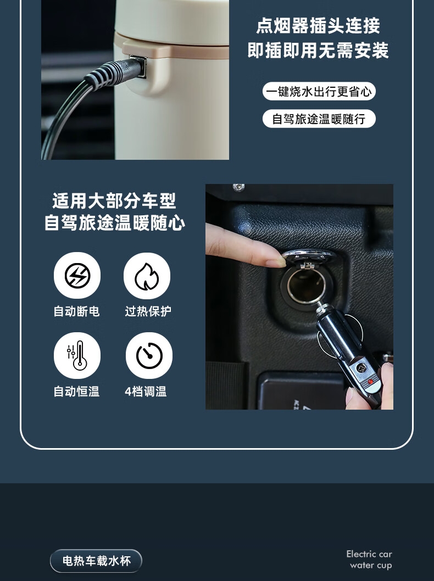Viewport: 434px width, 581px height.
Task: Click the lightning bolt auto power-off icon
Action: [x=77, y=275]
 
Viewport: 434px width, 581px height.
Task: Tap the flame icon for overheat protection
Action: [x=147, y=276]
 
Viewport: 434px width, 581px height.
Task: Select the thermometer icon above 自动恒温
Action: [x=77, y=355]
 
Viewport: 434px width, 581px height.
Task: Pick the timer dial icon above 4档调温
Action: [x=149, y=355]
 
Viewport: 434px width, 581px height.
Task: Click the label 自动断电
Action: [x=77, y=311]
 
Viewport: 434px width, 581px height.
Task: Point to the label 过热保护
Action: [x=148, y=311]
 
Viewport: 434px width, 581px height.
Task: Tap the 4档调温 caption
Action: [x=146, y=392]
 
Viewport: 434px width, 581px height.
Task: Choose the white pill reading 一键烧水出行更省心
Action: [x=319, y=91]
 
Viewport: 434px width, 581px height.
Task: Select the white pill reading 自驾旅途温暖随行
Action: [x=319, y=119]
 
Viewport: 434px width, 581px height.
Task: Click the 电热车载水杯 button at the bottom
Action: [x=96, y=561]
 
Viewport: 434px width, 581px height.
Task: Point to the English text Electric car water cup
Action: [x=370, y=560]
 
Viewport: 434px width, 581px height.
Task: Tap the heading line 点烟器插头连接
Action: [x=319, y=26]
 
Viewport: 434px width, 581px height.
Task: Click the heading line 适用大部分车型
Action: [x=114, y=200]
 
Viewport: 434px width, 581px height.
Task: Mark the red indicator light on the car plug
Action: [x=370, y=382]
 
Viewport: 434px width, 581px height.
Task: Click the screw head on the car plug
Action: [x=360, y=367]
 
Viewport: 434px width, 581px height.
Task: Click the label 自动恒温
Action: [x=77, y=392]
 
